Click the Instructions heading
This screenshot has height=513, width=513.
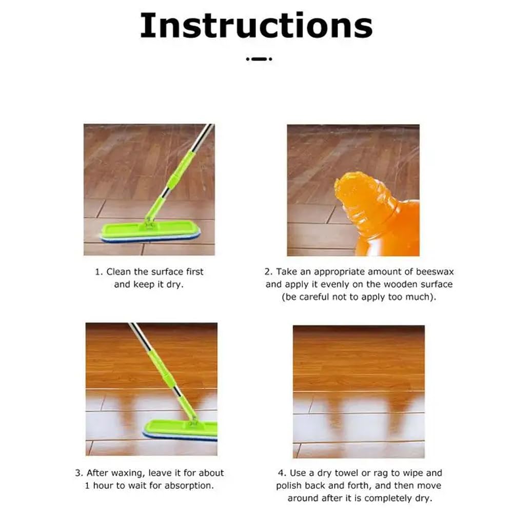tap(256, 26)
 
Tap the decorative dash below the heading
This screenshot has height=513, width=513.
tap(259, 59)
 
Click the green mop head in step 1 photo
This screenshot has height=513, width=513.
tap(150, 232)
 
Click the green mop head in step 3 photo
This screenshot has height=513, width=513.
tap(180, 429)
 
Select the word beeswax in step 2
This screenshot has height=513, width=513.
tap(435, 271)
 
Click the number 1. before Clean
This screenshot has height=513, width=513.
tap(99, 272)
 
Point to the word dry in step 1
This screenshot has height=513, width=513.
tap(175, 285)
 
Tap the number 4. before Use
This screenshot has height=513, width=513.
tap(282, 473)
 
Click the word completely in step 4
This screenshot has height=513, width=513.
tap(387, 498)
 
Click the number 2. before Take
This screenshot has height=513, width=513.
tap(268, 272)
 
